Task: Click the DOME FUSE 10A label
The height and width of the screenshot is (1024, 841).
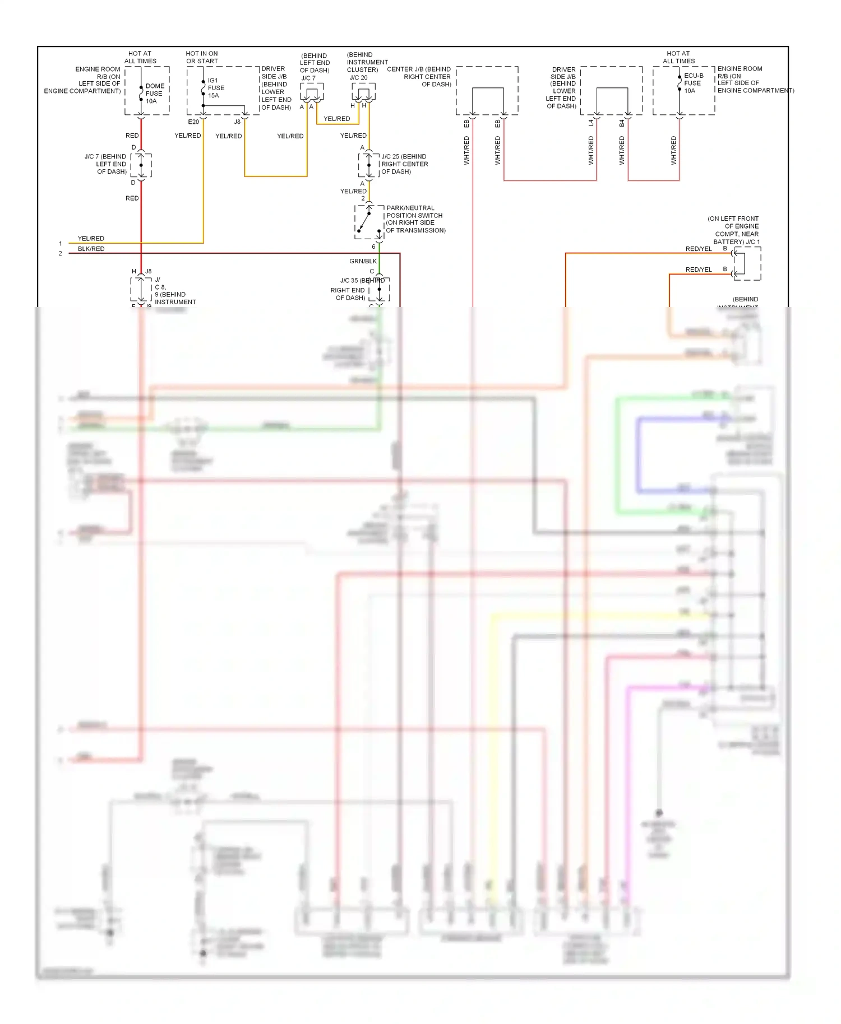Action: click(154, 94)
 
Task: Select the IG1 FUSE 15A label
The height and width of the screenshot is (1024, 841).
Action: click(215, 88)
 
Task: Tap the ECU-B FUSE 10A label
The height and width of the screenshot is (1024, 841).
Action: click(693, 83)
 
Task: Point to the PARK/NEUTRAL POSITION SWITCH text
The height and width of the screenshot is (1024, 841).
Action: click(415, 219)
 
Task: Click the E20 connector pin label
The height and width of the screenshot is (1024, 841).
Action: click(193, 122)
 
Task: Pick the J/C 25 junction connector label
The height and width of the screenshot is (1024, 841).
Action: click(404, 164)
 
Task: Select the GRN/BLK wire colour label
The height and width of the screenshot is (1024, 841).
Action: click(363, 261)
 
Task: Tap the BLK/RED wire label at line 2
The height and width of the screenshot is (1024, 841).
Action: click(91, 249)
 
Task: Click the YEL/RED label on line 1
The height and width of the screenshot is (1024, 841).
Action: click(91, 239)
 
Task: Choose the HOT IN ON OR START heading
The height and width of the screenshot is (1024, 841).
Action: click(202, 57)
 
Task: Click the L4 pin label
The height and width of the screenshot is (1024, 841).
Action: click(591, 123)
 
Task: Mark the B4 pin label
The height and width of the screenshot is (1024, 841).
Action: click(622, 123)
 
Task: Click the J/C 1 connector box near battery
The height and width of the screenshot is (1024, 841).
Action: click(746, 263)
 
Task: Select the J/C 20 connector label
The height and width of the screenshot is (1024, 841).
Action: click(359, 78)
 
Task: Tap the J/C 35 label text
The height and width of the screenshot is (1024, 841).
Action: click(349, 281)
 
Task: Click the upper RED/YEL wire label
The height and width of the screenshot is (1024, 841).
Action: click(698, 249)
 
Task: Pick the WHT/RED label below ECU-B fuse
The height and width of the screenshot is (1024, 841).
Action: click(673, 150)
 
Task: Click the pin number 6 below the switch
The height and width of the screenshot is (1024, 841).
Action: click(373, 246)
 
